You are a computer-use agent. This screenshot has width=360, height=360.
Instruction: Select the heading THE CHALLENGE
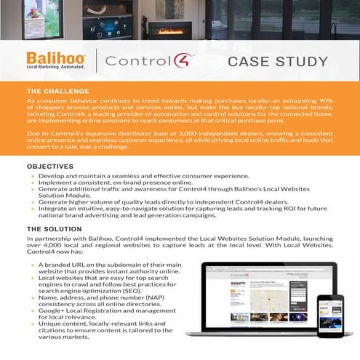[x=57, y=89]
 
